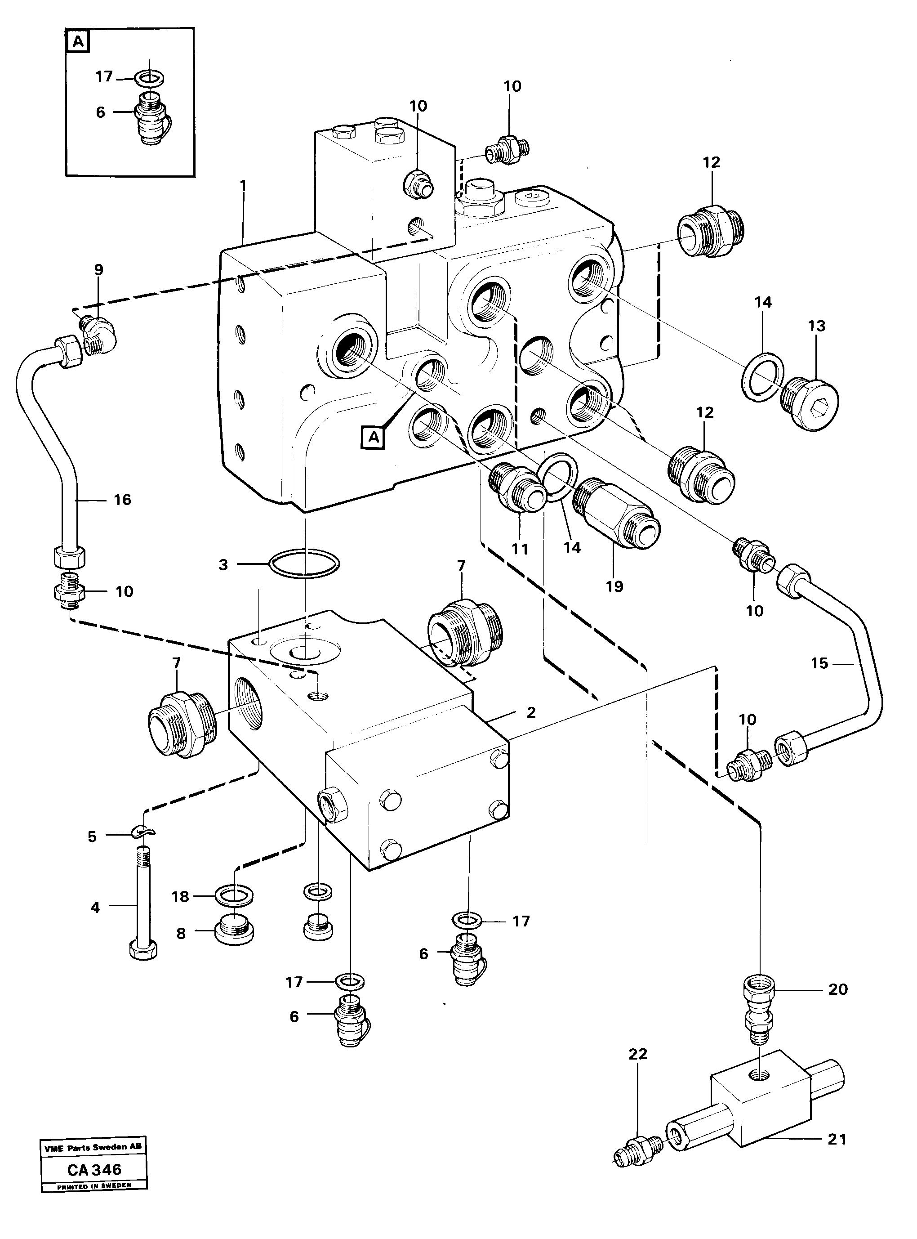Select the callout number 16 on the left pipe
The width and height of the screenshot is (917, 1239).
coord(122,500)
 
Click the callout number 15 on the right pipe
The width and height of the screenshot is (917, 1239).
coord(819,663)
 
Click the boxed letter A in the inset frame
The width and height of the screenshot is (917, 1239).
coord(78,42)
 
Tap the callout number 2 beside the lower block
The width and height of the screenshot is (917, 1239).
coord(531,712)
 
